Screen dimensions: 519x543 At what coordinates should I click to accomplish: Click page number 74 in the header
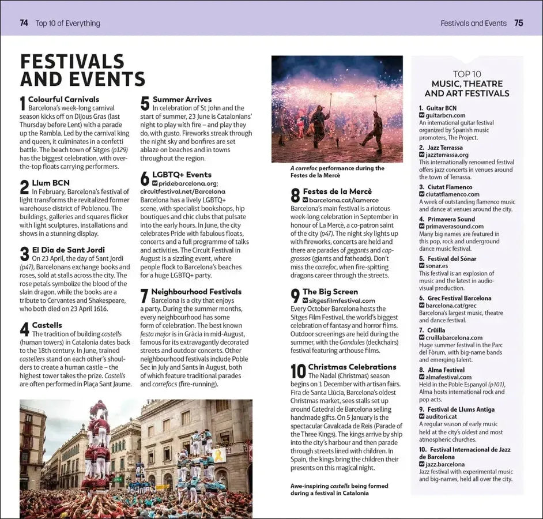pos(24,23)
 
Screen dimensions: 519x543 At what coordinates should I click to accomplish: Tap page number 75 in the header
pos(519,23)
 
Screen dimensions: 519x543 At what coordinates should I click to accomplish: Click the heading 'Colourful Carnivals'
pos(63,99)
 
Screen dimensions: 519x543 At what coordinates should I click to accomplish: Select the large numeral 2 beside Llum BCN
pos(24,187)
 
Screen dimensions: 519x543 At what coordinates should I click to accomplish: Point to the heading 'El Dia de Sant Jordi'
pos(68,250)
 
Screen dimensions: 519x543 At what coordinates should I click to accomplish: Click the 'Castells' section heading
pos(47,325)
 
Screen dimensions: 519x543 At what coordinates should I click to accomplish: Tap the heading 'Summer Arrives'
pos(182,99)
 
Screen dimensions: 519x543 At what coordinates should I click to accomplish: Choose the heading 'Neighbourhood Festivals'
pos(196,292)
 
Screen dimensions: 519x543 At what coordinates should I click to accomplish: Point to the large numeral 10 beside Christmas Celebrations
pos(298,371)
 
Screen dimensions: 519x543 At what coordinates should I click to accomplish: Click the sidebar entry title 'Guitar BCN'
pos(442,108)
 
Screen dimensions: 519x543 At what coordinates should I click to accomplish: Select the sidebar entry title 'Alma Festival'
pos(446,370)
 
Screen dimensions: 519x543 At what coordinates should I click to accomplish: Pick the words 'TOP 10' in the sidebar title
pos(467,74)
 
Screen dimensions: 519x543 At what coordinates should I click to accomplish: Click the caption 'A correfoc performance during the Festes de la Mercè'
pos(337,171)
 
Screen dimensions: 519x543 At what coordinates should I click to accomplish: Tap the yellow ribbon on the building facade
pos(220,455)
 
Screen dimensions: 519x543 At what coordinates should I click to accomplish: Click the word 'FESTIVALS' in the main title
pos(73,61)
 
